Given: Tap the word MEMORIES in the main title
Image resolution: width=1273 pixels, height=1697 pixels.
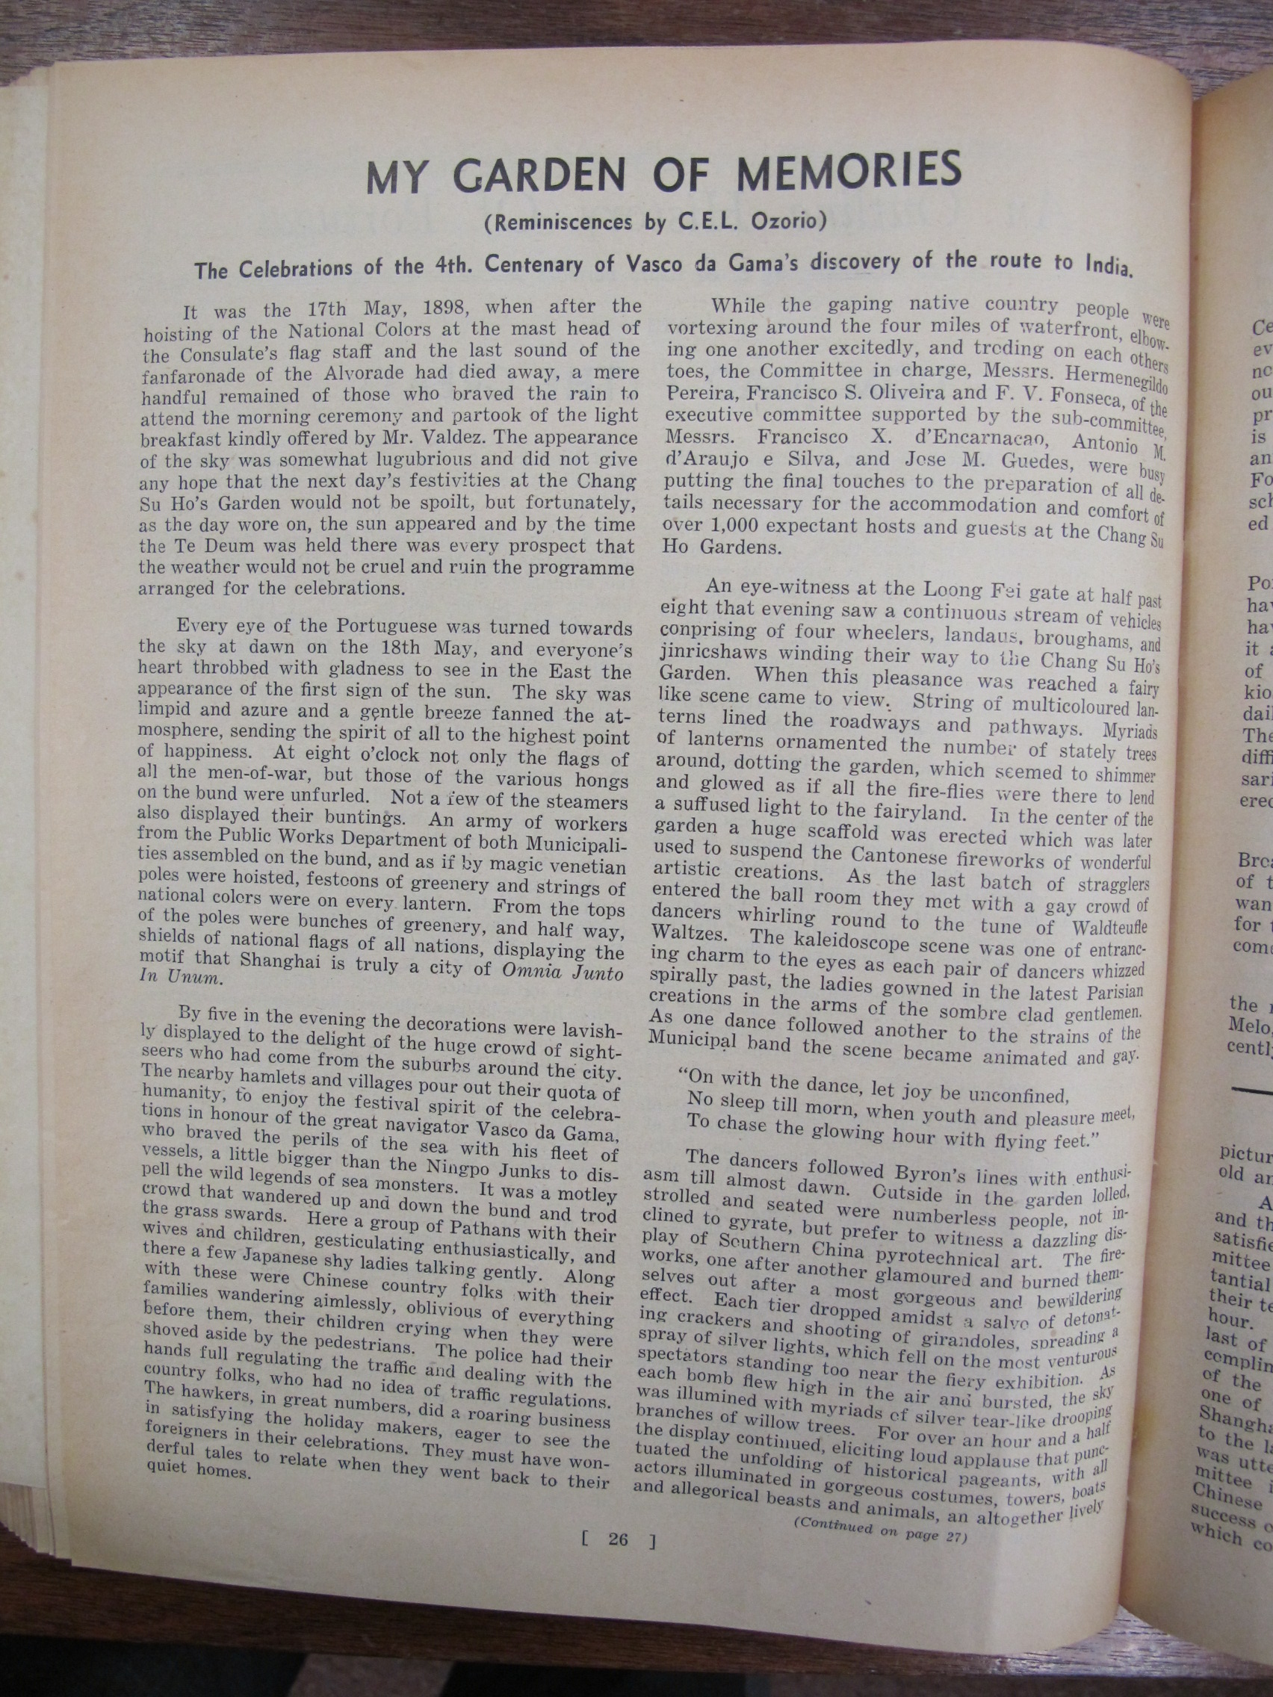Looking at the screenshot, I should (849, 170).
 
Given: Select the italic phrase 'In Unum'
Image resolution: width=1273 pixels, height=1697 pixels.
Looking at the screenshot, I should (181, 979).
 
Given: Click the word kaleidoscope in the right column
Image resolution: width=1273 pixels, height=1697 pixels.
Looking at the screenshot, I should (845, 942).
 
